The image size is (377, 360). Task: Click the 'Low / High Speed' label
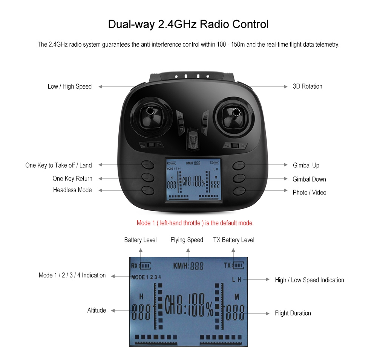(x=70, y=86)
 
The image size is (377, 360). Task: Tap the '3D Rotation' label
(x=308, y=86)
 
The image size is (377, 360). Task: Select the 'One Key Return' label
(x=72, y=178)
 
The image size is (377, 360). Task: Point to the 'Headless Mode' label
(x=72, y=190)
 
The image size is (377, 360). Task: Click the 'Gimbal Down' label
(x=310, y=179)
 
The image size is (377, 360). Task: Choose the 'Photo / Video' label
(x=310, y=192)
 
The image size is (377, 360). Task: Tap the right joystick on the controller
(x=235, y=116)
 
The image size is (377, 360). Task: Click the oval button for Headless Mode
(x=148, y=190)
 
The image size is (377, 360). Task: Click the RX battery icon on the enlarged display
(x=145, y=266)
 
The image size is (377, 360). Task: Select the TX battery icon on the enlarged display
(x=238, y=265)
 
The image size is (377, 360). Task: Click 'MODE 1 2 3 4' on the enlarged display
(x=146, y=277)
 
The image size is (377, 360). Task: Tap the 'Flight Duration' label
(x=293, y=313)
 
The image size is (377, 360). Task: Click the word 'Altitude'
(x=97, y=310)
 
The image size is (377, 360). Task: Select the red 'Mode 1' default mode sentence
(x=195, y=223)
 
